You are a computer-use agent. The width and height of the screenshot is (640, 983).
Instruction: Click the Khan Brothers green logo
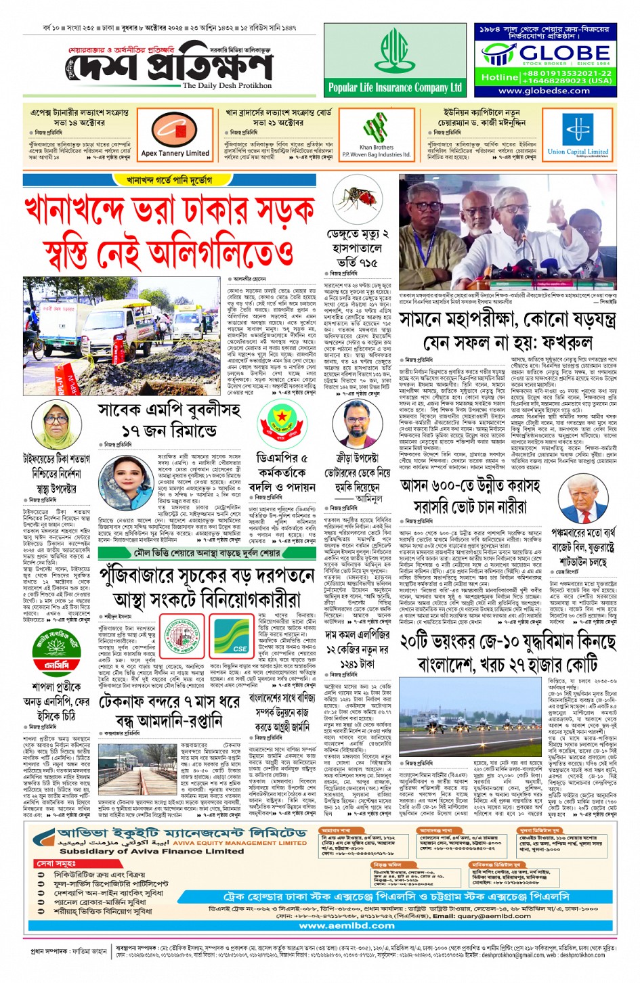376,128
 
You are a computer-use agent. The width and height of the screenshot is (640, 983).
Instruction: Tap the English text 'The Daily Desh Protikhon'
227,86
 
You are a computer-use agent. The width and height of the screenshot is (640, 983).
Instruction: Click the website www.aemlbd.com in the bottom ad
337,925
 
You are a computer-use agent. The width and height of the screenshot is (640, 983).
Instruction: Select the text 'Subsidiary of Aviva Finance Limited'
142,852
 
